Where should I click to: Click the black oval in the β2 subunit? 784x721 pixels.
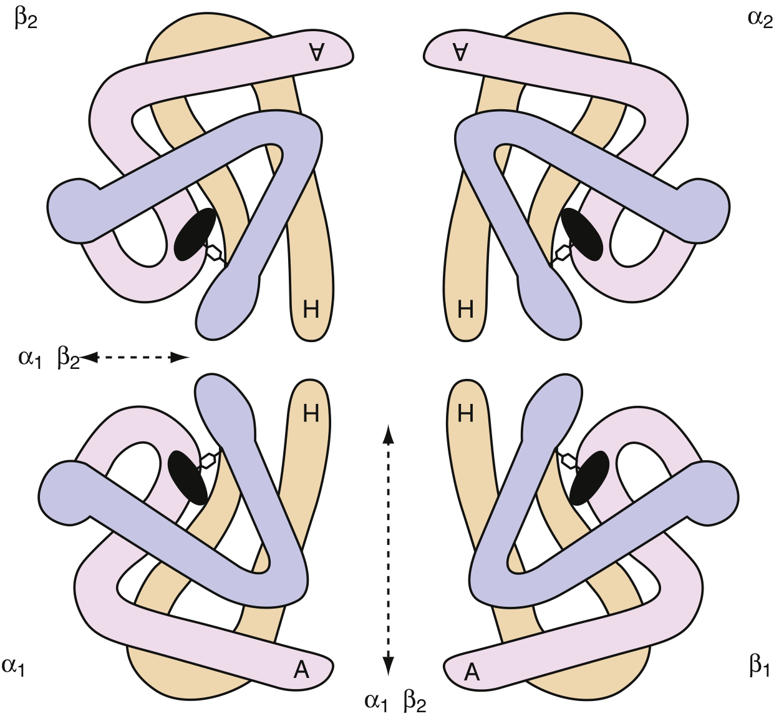[195, 234]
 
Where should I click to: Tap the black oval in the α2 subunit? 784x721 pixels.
[582, 234]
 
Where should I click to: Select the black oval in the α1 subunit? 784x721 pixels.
[188, 477]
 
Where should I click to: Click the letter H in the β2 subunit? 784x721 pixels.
[311, 310]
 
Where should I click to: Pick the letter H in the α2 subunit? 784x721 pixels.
[465, 310]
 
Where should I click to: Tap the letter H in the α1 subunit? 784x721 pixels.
[311, 413]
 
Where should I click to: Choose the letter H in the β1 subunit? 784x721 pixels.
[465, 413]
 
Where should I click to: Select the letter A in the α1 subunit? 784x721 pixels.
[301, 670]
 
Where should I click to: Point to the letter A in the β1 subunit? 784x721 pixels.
[472, 672]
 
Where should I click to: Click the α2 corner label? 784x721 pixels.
[760, 19]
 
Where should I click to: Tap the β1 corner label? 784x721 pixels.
[759, 666]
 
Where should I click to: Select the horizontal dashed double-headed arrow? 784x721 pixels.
[135, 357]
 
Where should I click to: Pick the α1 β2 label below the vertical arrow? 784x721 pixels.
[395, 702]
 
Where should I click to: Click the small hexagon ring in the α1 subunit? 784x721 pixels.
[208, 461]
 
